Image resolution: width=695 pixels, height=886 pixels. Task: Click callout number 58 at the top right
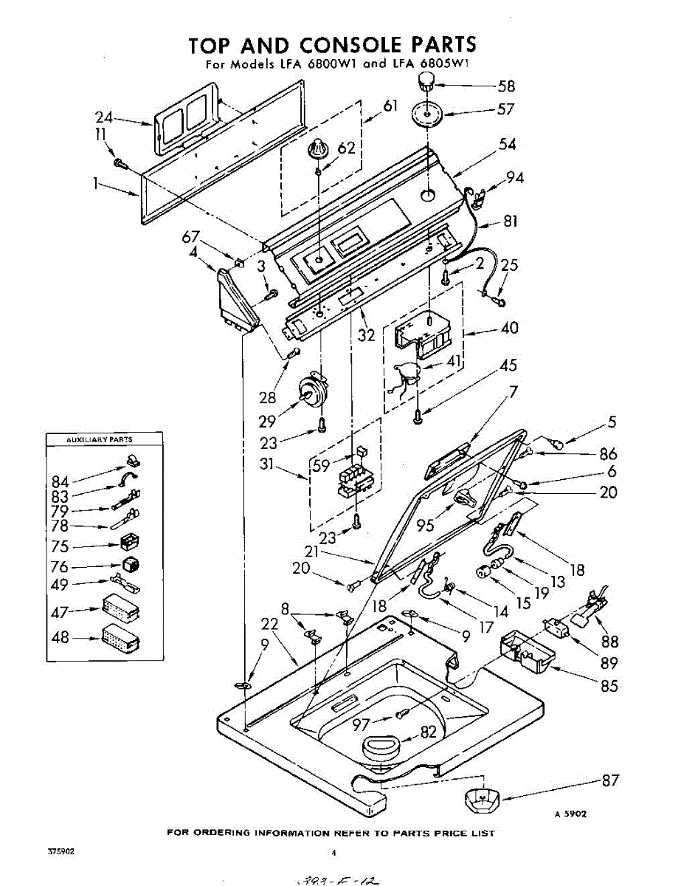point(507,86)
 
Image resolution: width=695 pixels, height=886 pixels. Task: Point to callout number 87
point(610,780)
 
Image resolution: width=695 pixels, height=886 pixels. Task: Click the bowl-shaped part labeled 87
point(480,799)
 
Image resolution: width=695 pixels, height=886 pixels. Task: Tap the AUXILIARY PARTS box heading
point(100,439)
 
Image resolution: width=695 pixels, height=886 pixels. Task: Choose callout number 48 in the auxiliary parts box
point(60,637)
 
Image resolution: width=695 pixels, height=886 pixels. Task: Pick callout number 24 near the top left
point(104,116)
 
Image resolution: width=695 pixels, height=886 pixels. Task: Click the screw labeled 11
point(119,163)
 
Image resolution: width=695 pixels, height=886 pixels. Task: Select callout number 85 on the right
point(609,686)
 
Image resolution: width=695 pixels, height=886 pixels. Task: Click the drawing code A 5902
point(570,814)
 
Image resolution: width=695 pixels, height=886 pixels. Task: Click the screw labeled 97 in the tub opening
point(402,714)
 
